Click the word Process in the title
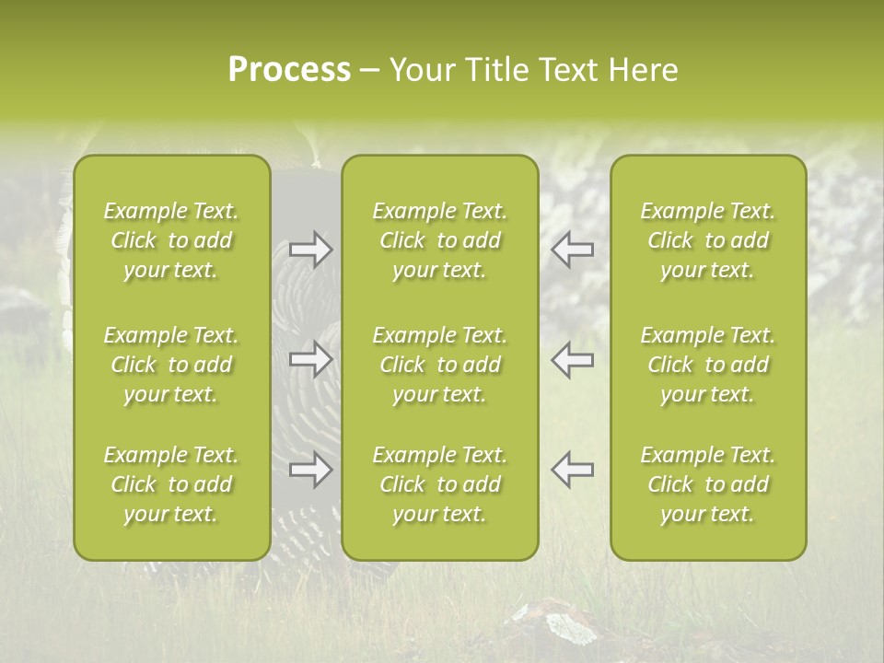[x=289, y=70]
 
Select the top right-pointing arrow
[x=310, y=250]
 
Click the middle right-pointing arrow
[x=310, y=359]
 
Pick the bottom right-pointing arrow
[x=310, y=470]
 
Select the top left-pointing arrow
[x=572, y=250]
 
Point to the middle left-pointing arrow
[x=572, y=359]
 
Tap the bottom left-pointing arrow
[x=572, y=470]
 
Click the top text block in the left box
[x=171, y=240]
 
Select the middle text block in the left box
[x=171, y=365]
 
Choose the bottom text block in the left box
[x=171, y=484]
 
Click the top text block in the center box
[x=439, y=240]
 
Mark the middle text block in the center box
[x=439, y=365]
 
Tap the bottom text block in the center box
[x=439, y=484]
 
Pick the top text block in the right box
[x=707, y=240]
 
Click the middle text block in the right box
[x=707, y=365]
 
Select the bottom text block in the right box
[x=707, y=484]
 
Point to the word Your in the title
[x=420, y=70]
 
